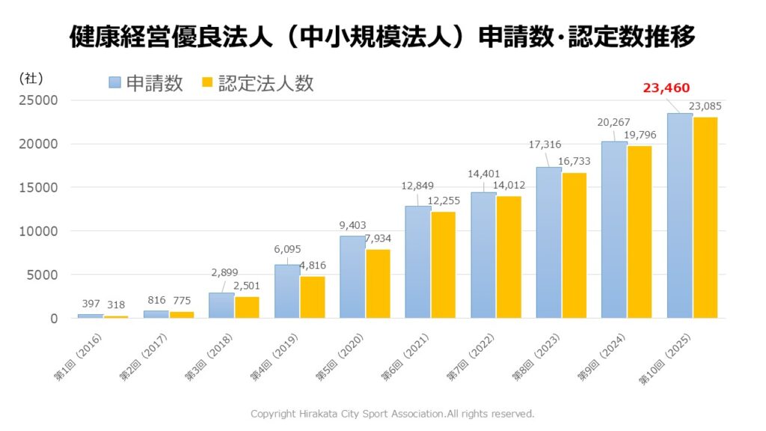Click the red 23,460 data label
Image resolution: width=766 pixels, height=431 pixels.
click(666, 88)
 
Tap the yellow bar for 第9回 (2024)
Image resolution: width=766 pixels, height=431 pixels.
click(640, 232)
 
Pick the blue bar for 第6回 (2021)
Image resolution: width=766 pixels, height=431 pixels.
click(418, 262)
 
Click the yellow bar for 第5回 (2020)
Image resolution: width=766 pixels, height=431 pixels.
click(378, 284)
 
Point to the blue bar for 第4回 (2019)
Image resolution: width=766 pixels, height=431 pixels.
click(287, 291)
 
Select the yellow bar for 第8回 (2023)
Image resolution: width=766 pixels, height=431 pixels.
click(574, 245)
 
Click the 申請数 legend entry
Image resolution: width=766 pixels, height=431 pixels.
click(146, 83)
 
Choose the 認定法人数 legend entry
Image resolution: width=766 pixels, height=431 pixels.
click(257, 83)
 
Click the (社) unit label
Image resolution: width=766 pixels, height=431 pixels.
click(31, 77)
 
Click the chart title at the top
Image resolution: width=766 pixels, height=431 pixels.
click(382, 37)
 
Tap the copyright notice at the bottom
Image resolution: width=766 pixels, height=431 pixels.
click(393, 413)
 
